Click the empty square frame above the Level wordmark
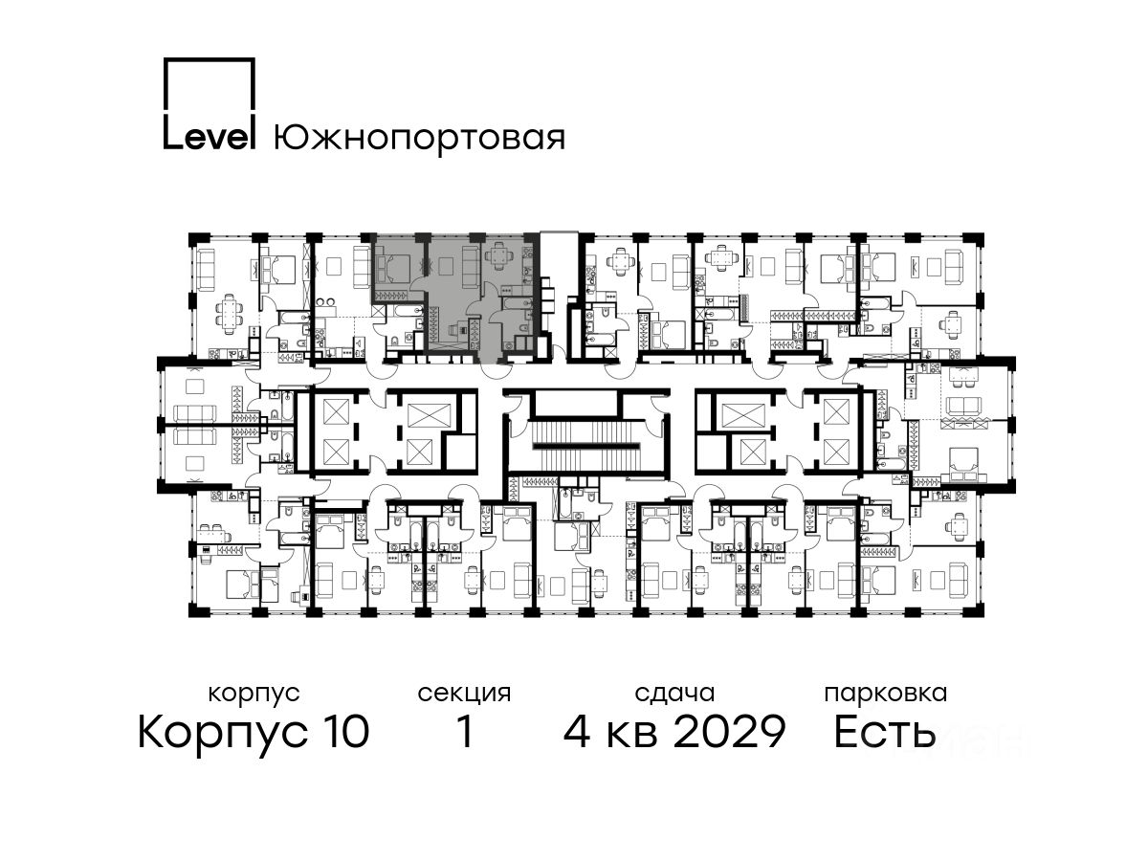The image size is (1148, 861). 210,85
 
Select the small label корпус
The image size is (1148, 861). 254,695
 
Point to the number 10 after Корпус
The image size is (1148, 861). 343,731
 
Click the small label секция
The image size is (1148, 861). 464,695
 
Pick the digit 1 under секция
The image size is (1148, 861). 464,731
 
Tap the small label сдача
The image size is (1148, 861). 674,695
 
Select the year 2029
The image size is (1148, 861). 730,731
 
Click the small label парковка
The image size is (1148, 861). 886,695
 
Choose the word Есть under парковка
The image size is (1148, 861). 884,731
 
